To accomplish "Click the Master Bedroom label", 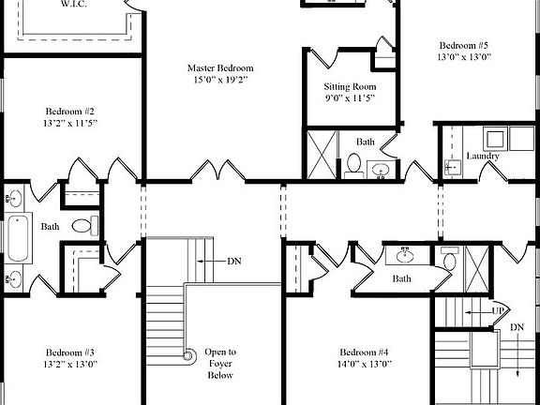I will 219,68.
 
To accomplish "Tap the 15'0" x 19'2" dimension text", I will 219,82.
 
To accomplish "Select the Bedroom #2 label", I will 68,111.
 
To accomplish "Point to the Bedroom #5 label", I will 463,45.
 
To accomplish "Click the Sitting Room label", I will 350,86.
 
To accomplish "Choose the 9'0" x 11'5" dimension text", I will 350,98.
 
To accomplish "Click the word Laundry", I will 482,156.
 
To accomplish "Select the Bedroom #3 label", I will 68,352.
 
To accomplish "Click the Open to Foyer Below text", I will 220,364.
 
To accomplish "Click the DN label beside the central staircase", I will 233,260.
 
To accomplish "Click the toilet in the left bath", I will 82,225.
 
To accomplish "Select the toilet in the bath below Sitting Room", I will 354,164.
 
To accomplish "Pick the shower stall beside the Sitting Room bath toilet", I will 323,154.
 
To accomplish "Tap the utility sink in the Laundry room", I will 453,167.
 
